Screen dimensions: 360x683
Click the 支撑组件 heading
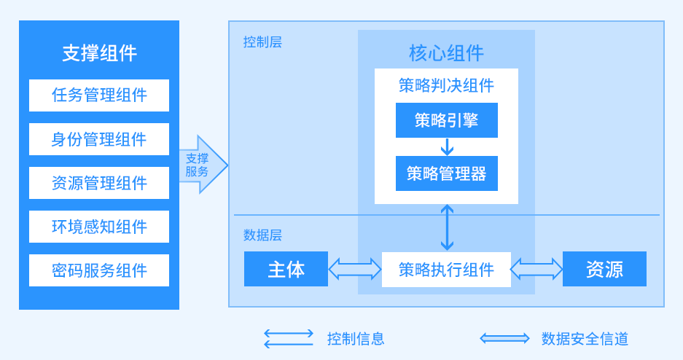tap(99, 53)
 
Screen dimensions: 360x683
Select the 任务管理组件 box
tap(99, 95)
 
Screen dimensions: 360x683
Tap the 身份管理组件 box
tap(99, 139)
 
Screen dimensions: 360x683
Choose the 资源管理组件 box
tap(99, 183)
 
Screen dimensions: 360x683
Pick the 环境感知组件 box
tap(99, 227)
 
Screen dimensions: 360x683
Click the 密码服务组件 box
tap(99, 270)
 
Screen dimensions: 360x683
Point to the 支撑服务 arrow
tap(201, 165)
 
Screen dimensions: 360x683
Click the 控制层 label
tap(262, 42)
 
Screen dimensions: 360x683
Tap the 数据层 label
tap(262, 235)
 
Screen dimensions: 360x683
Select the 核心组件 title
tap(446, 53)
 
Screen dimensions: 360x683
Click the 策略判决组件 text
tap(446, 85)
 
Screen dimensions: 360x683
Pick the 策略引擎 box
tap(446, 120)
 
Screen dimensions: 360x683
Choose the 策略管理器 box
tap(446, 173)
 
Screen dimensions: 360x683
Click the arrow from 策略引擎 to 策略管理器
tap(447, 146)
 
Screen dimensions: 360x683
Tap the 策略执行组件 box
tap(446, 270)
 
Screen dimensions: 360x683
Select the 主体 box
tap(286, 269)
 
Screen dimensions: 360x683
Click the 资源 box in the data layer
tap(604, 269)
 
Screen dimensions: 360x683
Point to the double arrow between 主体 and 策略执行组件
tap(355, 270)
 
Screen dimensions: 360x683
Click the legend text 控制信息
tap(356, 338)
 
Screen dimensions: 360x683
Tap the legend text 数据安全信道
tap(585, 338)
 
